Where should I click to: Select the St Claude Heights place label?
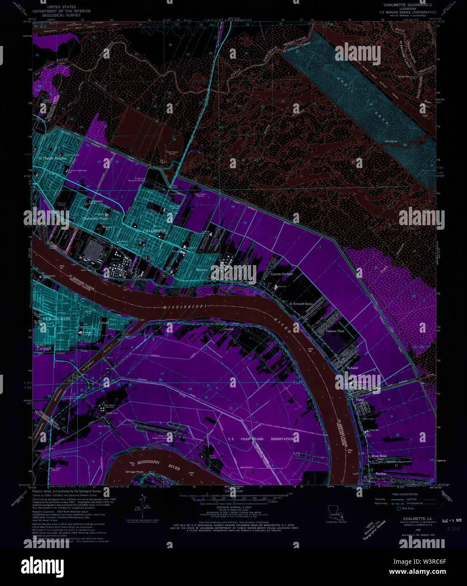(53, 159)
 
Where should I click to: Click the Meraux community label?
(202, 269)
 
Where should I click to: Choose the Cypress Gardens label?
(282, 274)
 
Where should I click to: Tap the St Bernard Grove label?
(301, 304)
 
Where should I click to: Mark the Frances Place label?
(335, 331)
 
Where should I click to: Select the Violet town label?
(360, 399)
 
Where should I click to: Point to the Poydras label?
(381, 474)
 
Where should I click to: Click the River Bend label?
(378, 456)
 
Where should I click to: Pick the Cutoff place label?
(104, 323)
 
